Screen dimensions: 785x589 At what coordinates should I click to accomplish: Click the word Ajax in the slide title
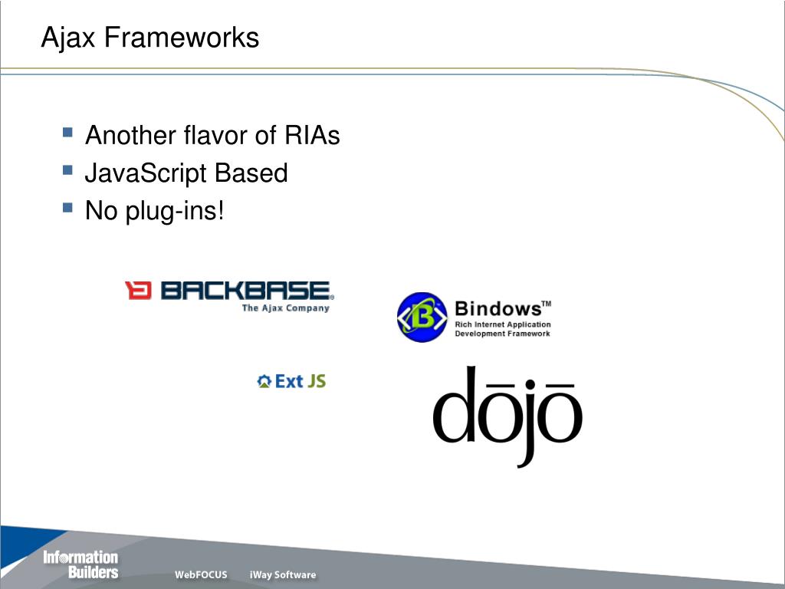69,37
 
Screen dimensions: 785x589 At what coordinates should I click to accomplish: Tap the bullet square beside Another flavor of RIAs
67,133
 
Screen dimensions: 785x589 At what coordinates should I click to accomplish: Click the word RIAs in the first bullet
311,136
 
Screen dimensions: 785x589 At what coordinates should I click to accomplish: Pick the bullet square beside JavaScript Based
67,170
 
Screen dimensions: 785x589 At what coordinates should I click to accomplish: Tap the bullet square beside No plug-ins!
67,208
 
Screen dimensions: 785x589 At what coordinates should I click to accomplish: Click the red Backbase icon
139,291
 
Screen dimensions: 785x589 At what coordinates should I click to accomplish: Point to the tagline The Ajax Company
285,308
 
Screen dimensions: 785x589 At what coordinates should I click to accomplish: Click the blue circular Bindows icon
422,317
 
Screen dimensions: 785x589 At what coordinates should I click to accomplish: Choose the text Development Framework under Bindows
502,334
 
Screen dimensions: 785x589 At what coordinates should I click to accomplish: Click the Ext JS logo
291,380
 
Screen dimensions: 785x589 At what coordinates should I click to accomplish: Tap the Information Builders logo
80,564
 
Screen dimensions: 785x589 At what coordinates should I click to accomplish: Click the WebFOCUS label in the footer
201,574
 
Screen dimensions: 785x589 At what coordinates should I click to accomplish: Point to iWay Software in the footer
282,574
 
